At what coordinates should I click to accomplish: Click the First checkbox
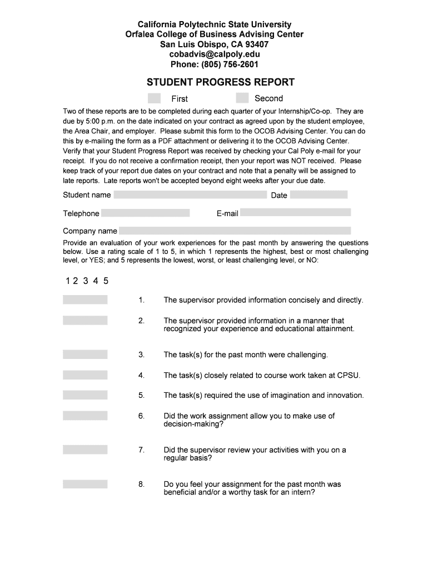[155, 98]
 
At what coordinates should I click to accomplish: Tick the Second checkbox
[242, 98]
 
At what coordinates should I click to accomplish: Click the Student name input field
[190, 194]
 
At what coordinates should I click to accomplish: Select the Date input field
[318, 194]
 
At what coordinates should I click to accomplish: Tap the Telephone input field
[146, 213]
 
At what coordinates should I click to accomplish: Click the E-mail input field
[295, 212]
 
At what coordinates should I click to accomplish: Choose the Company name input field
[235, 231]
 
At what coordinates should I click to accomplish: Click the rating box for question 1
[85, 300]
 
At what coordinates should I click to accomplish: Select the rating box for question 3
[85, 355]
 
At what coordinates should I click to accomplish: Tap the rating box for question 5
[85, 395]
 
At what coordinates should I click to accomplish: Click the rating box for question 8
[85, 484]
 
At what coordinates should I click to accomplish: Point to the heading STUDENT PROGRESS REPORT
[220, 82]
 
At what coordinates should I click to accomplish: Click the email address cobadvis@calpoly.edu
[215, 54]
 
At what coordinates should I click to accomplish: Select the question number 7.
[141, 450]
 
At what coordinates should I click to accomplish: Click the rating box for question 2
[85, 320]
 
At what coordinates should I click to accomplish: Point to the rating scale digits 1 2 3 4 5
[87, 281]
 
